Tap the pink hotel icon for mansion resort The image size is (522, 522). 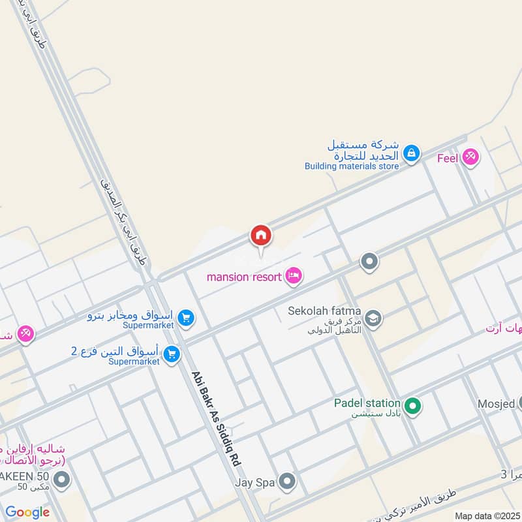(x=294, y=277)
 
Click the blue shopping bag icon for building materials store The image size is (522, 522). (x=411, y=153)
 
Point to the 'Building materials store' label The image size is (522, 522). (x=351, y=166)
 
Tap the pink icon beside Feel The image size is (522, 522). (x=470, y=157)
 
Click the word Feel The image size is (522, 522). (x=448, y=157)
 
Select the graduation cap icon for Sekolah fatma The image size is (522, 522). (x=374, y=318)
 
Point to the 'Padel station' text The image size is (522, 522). (x=367, y=403)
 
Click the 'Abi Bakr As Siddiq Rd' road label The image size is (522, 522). (x=216, y=418)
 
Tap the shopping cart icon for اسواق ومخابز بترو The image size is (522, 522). (x=186, y=318)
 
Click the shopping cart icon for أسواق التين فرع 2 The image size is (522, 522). (x=172, y=354)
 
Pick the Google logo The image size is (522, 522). (x=27, y=512)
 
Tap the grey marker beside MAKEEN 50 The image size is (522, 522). (x=62, y=482)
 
